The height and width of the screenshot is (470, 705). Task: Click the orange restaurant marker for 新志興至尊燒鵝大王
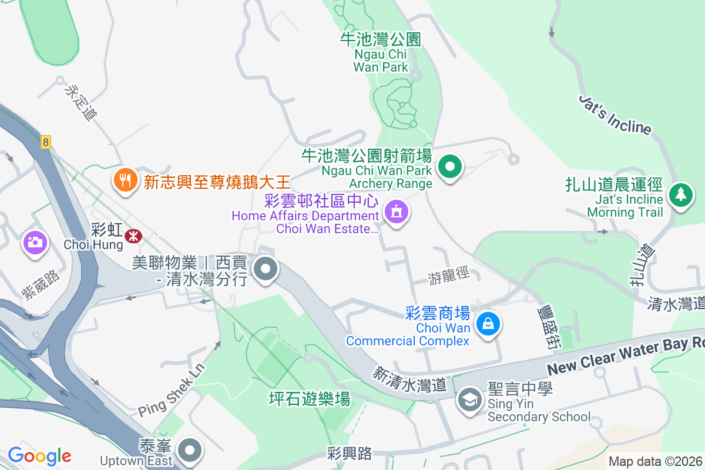125,179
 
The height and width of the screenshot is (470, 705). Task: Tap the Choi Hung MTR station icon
133,236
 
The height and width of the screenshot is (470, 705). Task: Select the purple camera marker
35,242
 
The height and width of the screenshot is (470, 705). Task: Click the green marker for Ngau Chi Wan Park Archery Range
450,167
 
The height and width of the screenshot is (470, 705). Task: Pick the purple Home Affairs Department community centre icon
397,212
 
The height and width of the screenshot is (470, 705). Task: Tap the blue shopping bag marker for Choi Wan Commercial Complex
488,323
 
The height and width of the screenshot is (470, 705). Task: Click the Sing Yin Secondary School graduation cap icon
470,401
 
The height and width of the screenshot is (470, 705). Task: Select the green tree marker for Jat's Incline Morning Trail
681,194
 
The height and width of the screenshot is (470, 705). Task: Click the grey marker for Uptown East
189,451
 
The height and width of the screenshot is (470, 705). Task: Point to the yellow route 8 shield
46,142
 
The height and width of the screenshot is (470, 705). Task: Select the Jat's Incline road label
615,115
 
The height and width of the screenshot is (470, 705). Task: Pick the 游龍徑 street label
449,275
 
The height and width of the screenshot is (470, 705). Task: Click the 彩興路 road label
350,453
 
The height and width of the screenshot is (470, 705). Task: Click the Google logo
39,455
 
